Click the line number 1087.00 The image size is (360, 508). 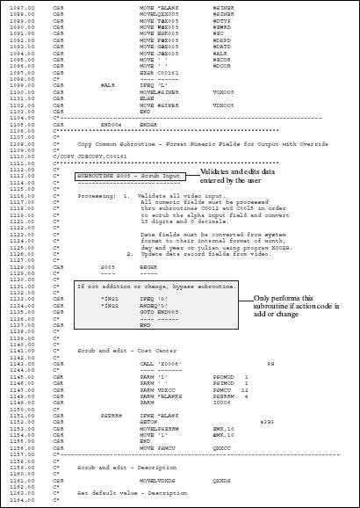[22, 7]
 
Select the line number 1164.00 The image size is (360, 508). [22, 498]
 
